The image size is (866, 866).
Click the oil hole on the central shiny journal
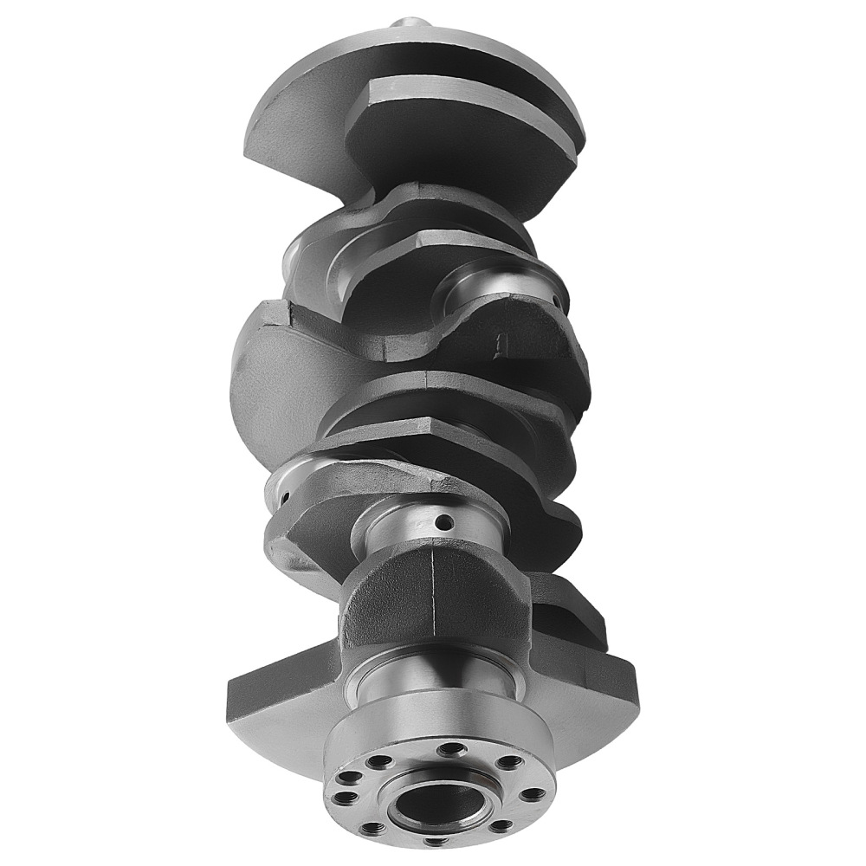click(x=443, y=523)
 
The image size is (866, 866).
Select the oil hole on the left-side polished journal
click(x=284, y=498)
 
